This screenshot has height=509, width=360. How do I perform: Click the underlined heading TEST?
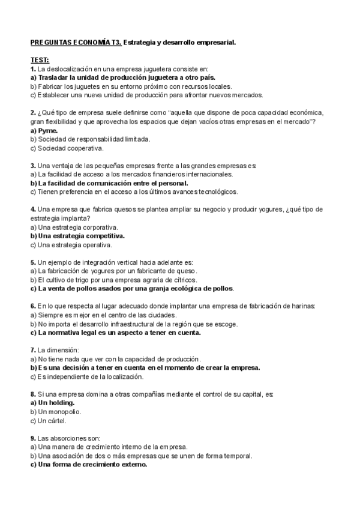click(40, 60)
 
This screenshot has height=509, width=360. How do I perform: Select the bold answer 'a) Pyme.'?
click(42, 130)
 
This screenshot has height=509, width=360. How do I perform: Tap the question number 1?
click(33, 69)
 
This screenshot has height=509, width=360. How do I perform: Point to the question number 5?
click(33, 262)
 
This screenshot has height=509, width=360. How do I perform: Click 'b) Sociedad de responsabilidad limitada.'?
click(90, 139)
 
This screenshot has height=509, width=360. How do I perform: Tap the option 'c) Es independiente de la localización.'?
click(87, 376)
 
